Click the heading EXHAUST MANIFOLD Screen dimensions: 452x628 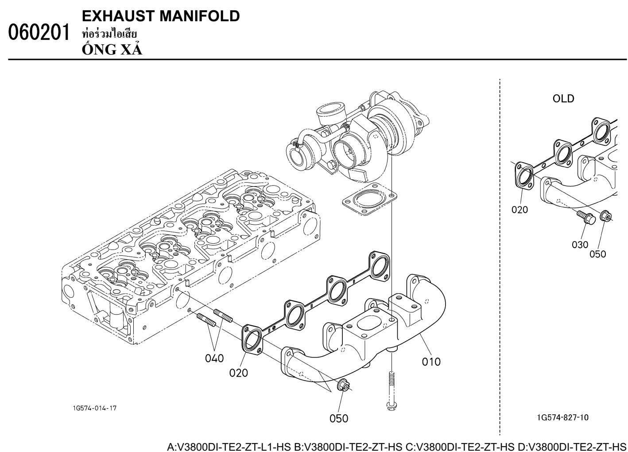[x=161, y=16]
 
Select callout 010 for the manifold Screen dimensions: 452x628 [x=431, y=362]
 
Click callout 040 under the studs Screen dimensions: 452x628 [x=214, y=357]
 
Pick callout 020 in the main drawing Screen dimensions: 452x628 [x=239, y=372]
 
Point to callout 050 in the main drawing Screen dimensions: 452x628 [x=338, y=417]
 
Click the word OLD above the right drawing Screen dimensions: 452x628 [x=563, y=98]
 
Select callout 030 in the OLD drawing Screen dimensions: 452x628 [x=580, y=244]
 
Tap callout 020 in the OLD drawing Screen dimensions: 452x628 [x=520, y=210]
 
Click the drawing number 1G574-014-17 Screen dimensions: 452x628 [x=95, y=408]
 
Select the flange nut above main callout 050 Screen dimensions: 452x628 [x=343, y=386]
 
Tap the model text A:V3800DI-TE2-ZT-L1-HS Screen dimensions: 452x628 [x=229, y=445]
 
